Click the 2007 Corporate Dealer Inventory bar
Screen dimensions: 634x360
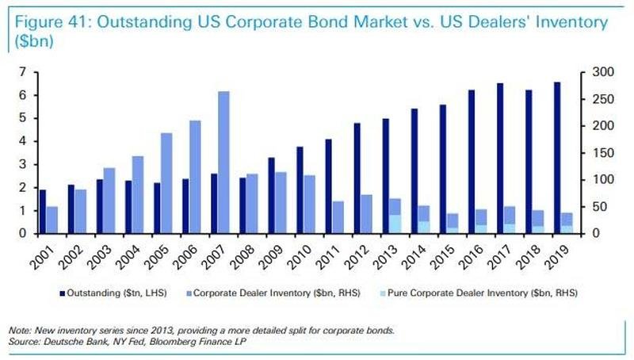(223, 163)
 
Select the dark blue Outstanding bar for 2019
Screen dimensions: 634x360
(557, 158)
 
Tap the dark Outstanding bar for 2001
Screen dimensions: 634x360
(43, 212)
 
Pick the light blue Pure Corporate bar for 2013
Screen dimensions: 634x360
(395, 224)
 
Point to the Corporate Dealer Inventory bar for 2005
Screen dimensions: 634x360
(166, 183)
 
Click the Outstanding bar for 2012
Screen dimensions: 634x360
(357, 178)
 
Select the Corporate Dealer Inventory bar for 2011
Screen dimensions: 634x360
(338, 217)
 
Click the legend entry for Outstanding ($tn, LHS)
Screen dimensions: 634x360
(113, 293)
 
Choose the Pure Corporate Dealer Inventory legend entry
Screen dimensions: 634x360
(479, 293)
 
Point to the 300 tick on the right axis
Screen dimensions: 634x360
(603, 72)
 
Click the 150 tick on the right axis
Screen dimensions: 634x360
(603, 153)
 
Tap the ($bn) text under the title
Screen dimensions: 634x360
(34, 41)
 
